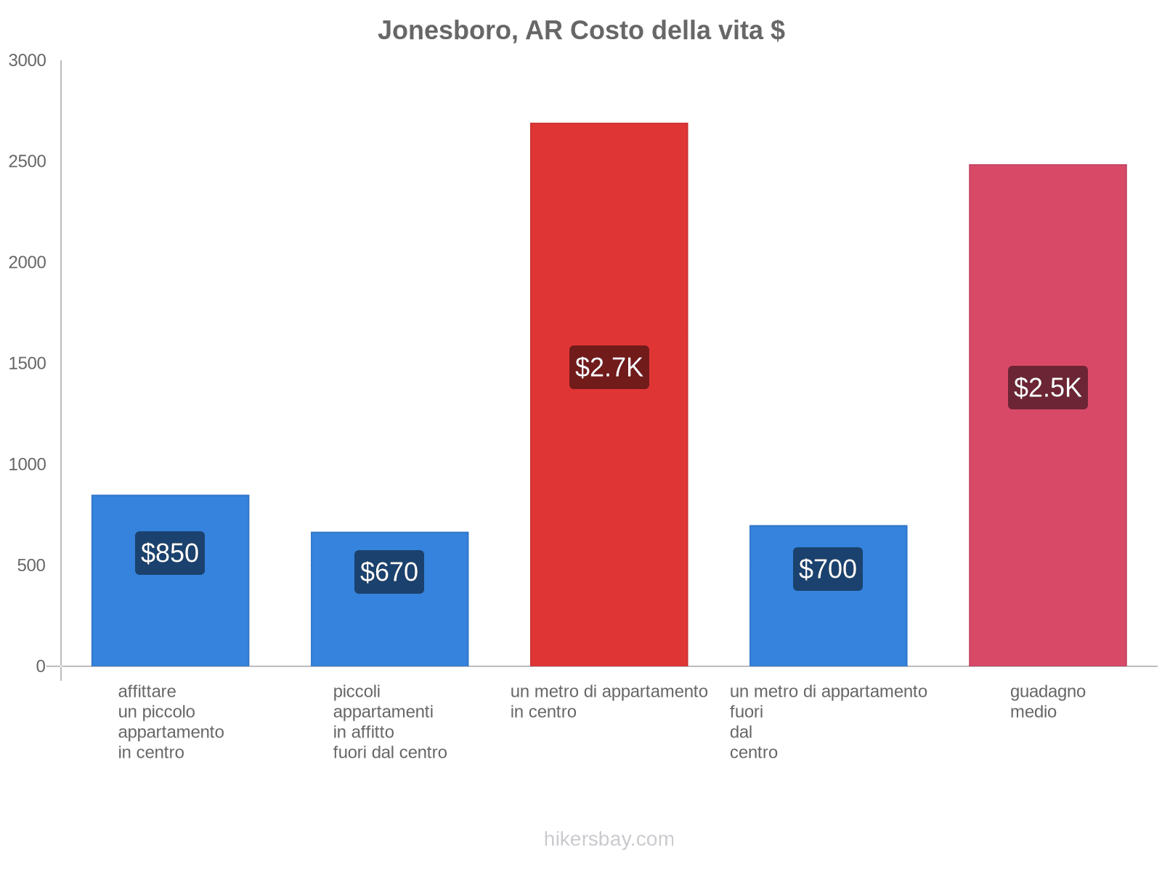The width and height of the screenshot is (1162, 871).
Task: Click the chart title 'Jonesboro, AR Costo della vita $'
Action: tap(581, 30)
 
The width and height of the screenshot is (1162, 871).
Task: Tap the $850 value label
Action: tap(170, 553)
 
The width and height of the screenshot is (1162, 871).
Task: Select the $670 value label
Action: tap(389, 572)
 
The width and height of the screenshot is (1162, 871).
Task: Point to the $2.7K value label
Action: tap(609, 367)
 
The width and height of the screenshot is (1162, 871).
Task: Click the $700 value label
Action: tap(828, 569)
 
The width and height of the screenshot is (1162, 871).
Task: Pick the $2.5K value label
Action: tap(1047, 388)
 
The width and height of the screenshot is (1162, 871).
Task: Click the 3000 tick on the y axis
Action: tap(28, 61)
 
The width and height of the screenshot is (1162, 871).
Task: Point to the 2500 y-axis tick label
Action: tap(28, 162)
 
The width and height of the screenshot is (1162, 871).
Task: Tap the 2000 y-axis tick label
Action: tap(28, 263)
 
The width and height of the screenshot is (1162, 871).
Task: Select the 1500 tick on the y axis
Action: tap(28, 364)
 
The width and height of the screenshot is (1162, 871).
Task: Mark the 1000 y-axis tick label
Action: tap(28, 465)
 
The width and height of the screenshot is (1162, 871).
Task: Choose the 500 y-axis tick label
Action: tap(32, 565)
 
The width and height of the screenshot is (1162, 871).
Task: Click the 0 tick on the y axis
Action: tap(41, 666)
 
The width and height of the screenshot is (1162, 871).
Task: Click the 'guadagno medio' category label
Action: tap(1047, 702)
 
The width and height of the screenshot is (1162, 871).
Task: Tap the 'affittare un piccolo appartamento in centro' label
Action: tap(171, 721)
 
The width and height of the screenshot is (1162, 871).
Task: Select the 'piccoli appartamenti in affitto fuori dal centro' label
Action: tap(390, 721)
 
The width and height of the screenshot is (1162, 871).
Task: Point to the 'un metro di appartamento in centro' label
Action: tap(609, 702)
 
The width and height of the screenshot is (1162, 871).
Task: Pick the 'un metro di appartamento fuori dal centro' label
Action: tap(828, 721)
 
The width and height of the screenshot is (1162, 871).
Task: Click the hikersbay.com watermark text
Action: tap(609, 839)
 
